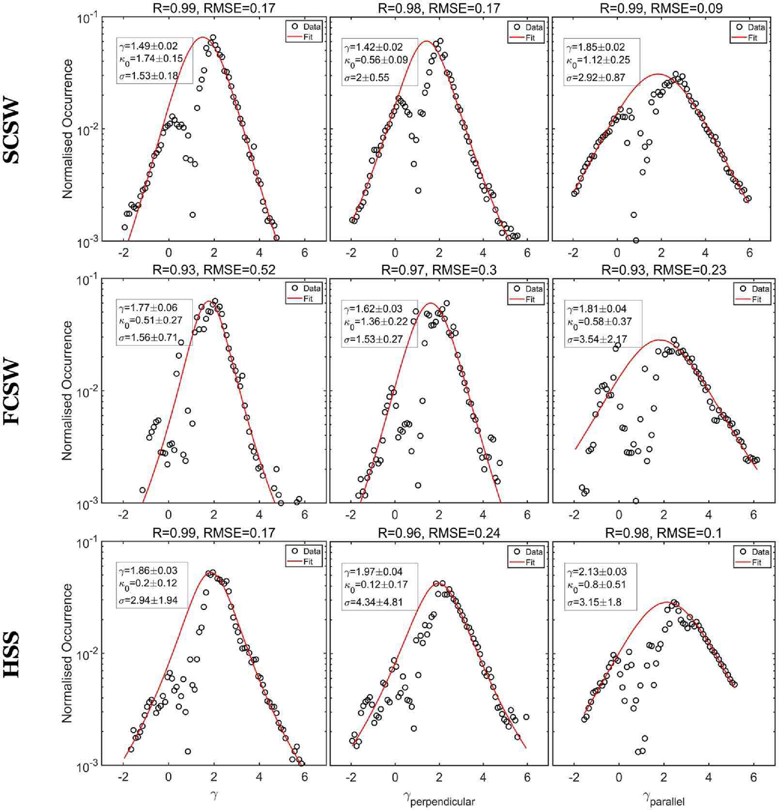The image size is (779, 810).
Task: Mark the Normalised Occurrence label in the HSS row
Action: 66,655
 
